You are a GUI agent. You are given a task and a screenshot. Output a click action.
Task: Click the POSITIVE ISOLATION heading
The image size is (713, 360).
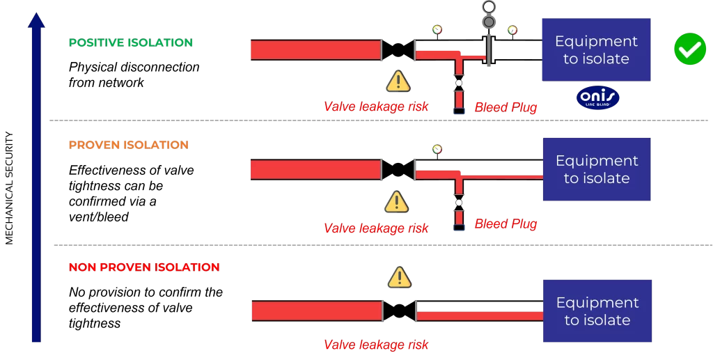130,42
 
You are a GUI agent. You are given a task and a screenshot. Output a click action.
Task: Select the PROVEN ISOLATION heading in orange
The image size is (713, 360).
128,145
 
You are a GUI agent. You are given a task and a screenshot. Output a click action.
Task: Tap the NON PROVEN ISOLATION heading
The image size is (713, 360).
143,267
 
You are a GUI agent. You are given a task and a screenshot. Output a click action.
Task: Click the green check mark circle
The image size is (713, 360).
689,50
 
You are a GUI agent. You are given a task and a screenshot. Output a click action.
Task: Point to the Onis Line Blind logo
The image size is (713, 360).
597,98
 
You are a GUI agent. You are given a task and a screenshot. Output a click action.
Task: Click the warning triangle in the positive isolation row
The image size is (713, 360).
398,81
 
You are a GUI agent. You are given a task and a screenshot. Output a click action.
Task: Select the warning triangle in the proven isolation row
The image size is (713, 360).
397,202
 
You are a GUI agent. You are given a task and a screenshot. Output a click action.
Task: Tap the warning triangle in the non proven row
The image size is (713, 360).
399,278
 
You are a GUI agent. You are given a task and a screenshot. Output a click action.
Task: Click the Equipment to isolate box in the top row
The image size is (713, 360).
596,50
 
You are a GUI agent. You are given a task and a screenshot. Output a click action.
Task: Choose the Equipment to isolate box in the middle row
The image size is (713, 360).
596,169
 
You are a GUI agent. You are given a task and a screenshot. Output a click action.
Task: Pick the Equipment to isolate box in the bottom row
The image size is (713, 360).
597,311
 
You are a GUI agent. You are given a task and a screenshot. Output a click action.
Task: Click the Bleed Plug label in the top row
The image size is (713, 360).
506,107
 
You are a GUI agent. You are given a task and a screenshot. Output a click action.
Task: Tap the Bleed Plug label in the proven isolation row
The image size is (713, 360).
506,224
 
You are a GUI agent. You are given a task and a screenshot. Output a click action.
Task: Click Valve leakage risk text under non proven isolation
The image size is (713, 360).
376,345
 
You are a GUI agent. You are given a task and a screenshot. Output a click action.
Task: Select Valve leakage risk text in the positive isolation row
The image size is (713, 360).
376,107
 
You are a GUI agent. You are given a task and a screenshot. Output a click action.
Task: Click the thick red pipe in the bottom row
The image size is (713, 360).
316,311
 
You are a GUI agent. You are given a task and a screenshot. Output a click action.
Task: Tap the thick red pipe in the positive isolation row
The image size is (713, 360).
315,50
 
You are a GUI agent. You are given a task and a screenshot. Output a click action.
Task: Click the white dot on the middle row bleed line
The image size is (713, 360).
459,203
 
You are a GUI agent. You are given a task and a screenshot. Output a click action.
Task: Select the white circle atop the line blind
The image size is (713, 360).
489,7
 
